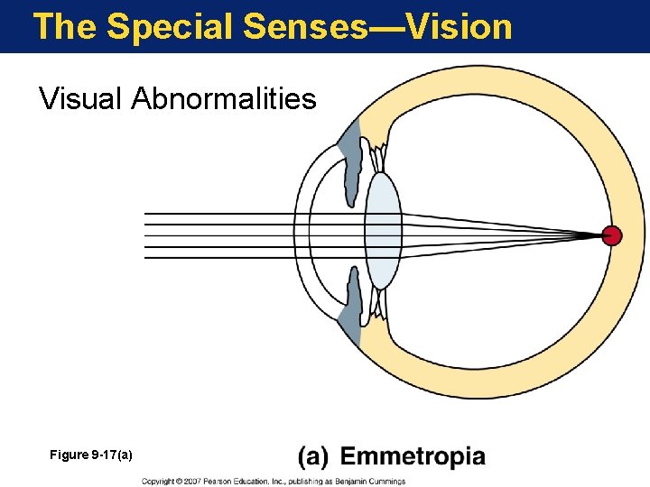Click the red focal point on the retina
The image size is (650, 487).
(x=612, y=236)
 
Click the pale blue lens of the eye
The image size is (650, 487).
(x=383, y=231)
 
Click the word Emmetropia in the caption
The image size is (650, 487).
(x=413, y=457)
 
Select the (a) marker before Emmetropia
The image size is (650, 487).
(x=313, y=457)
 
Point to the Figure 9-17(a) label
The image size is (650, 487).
(x=91, y=455)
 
